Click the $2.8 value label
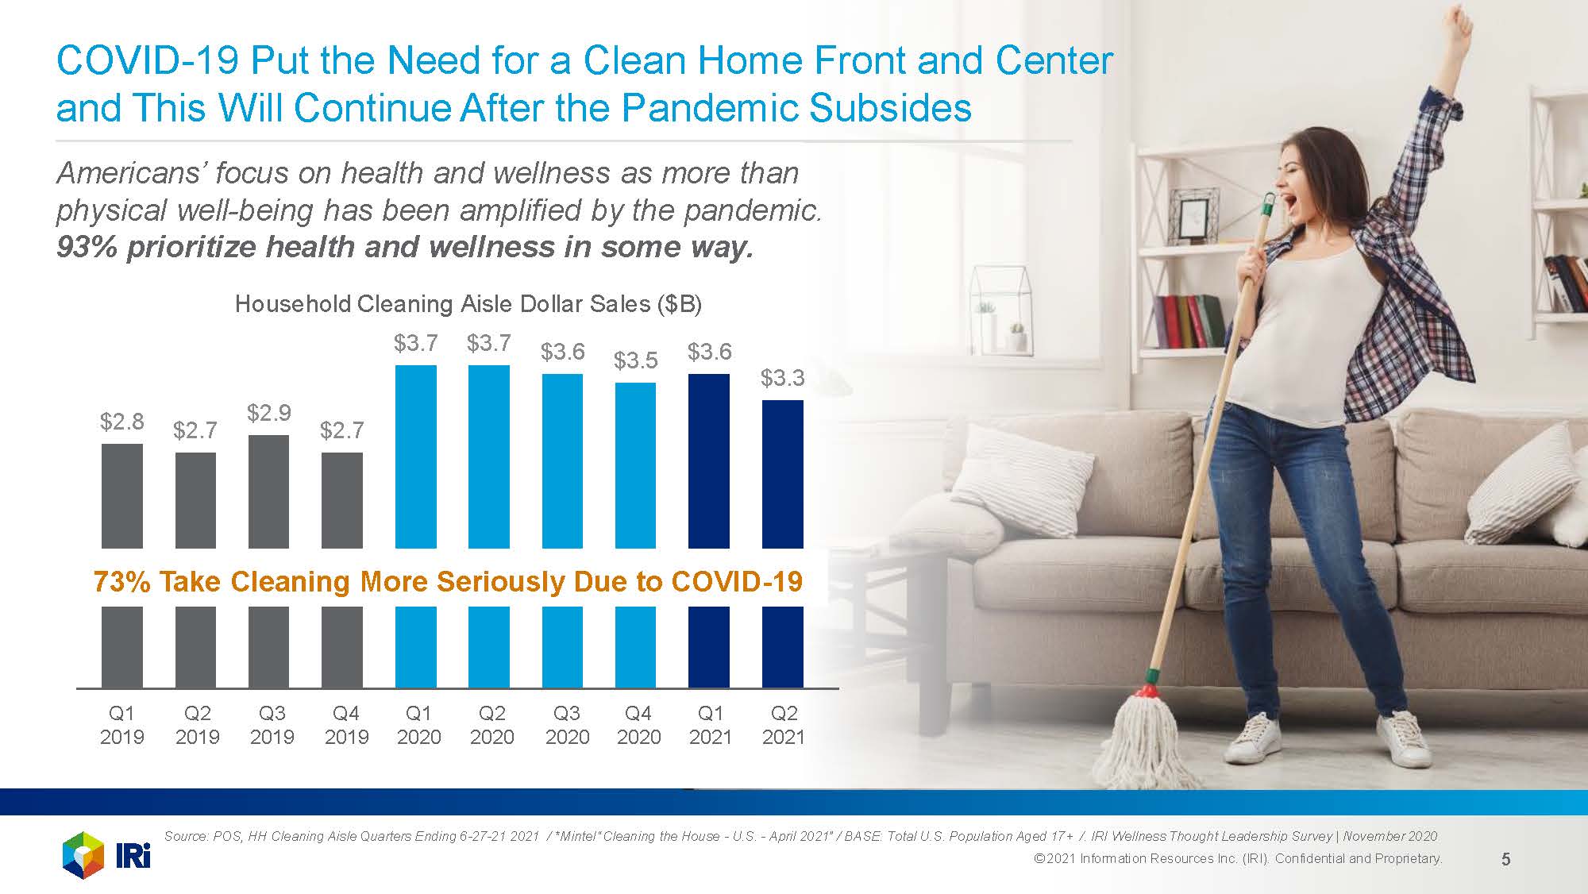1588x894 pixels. point(122,422)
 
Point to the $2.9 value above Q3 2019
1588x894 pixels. point(269,413)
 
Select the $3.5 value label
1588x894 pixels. point(636,360)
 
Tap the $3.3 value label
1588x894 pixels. point(783,378)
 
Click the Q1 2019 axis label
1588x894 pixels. point(122,725)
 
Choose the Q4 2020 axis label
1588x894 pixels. point(638,725)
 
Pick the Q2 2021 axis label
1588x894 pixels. point(784,725)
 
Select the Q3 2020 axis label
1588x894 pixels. point(567,725)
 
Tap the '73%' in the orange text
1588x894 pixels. point(122,582)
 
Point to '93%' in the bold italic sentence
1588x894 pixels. point(87,247)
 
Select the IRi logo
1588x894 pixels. point(106,856)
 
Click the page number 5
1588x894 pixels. point(1506,859)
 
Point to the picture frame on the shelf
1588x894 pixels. point(1198,215)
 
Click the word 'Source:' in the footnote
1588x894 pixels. point(187,836)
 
